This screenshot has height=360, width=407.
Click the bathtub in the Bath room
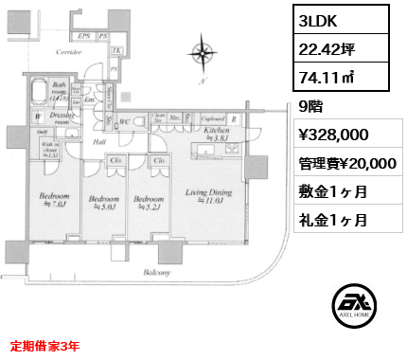coord(37,92)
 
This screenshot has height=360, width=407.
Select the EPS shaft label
coord(84,36)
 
